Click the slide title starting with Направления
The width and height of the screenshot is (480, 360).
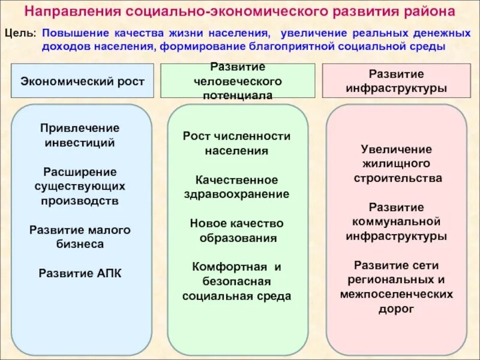pos(239,13)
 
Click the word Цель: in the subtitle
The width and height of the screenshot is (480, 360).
pos(20,35)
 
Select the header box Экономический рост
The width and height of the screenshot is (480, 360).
pos(82,81)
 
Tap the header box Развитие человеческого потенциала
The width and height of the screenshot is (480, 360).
pos(237,80)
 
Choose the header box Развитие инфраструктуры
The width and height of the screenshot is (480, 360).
pos(396,80)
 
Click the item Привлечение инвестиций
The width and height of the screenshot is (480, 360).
pos(80,135)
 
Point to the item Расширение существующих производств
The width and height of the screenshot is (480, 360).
pos(80,186)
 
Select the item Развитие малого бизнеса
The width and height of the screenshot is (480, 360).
pos(80,236)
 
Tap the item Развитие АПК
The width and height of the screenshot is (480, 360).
pos(80,273)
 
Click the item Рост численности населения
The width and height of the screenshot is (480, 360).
pos(236,143)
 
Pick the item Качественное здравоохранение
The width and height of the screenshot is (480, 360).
pos(236,187)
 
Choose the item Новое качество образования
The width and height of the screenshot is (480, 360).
pos(236,230)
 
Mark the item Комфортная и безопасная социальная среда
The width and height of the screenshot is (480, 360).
pos(236,281)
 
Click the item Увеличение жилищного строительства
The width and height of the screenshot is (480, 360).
pos(396,163)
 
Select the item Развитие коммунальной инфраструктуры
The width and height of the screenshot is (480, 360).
pos(396,221)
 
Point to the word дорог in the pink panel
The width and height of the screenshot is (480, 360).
pos(396,309)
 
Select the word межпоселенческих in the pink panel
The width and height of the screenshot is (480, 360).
pos(396,294)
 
